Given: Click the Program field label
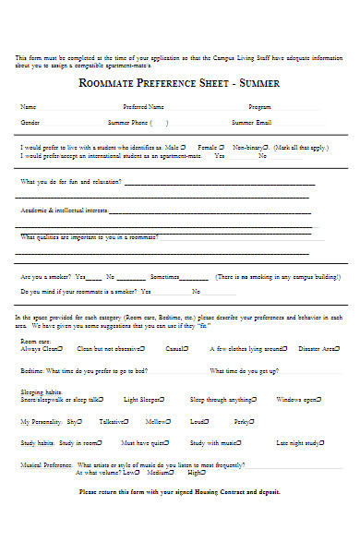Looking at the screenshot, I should pos(259,106).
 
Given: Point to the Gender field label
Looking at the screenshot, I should pos(30,122).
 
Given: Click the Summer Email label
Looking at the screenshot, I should pos(251,122).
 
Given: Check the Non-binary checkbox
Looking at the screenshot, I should pos(273,146).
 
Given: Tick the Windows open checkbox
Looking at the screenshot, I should pos(319,399).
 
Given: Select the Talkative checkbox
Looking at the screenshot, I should pos(127,421).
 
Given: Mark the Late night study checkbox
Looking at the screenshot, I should pos(322,442).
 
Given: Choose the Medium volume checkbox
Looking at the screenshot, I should pos(169,473).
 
